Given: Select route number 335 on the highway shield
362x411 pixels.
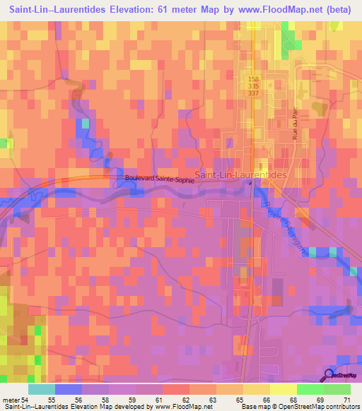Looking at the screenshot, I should click(253, 85).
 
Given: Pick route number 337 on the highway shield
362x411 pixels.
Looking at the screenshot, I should click(253, 93).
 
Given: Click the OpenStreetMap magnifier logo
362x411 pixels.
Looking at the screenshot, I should click(330, 375).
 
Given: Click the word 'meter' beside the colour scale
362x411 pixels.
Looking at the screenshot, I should click(11, 400).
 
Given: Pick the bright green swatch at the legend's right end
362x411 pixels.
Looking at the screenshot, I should click(337, 389).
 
